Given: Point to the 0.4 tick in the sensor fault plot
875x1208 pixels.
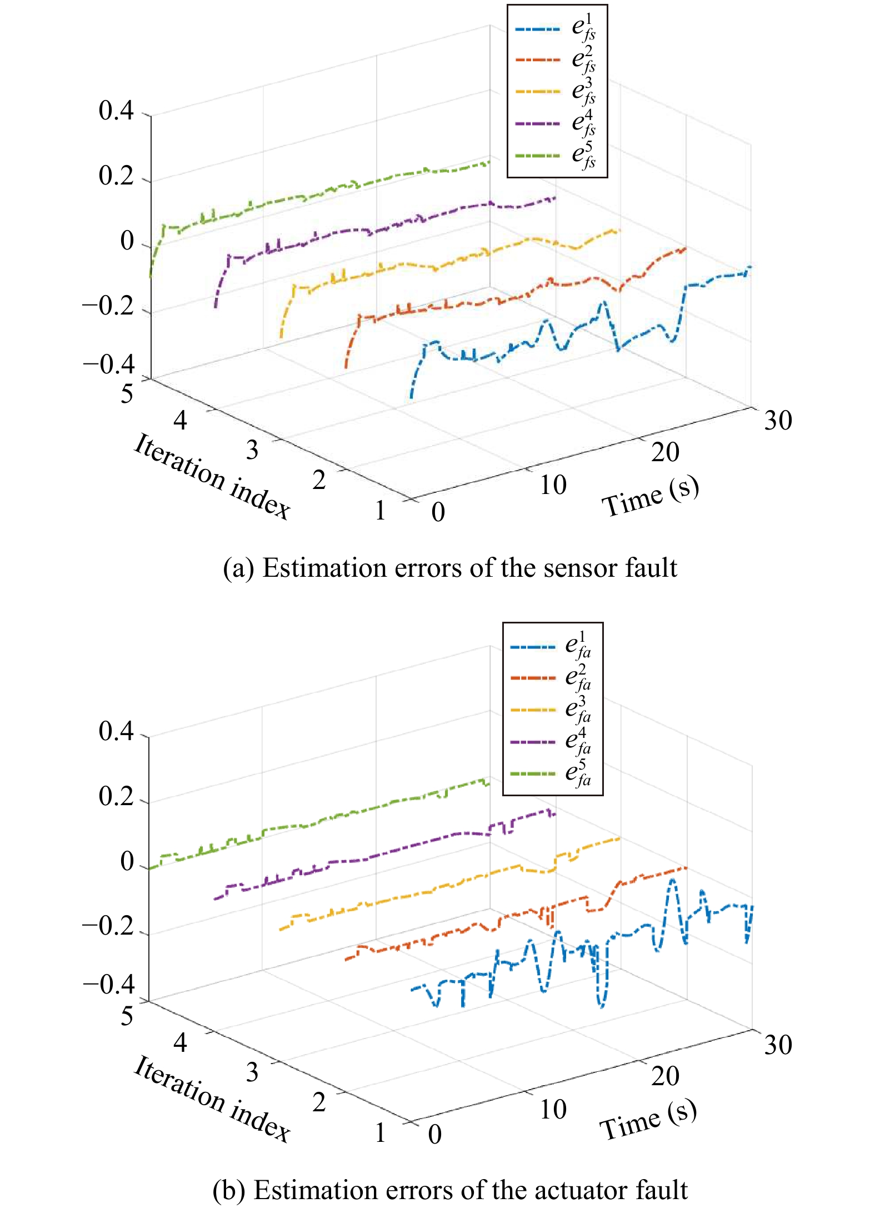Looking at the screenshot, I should pyautogui.click(x=116, y=111).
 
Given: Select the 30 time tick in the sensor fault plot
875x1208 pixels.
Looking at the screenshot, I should pyautogui.click(x=778, y=420).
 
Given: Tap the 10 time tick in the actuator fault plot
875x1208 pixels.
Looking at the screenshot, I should pyautogui.click(x=553, y=1109).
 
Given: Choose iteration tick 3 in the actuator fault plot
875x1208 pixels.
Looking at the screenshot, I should pyautogui.click(x=252, y=1072).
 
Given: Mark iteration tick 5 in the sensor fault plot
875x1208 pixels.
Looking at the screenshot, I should pyautogui.click(x=127, y=394).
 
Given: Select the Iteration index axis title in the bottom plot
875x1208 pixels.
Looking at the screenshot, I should pyautogui.click(x=211, y=1099).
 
